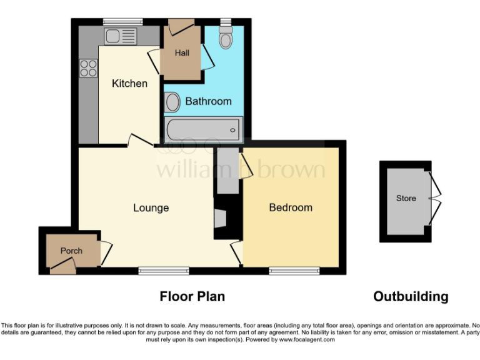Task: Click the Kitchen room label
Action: coord(129,83)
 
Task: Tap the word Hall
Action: coord(182,53)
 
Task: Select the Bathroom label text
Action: coord(208,101)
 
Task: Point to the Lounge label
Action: coord(151,207)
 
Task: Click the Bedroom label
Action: coord(290,207)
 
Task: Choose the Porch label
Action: coord(71,251)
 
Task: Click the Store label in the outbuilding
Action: coord(406,198)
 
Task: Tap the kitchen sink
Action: coord(121,37)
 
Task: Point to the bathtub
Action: coord(203,130)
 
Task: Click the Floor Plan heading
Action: coord(192,296)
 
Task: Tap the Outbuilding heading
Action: coord(411,296)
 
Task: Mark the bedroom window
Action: coord(294,271)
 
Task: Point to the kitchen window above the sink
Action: coord(122,22)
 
